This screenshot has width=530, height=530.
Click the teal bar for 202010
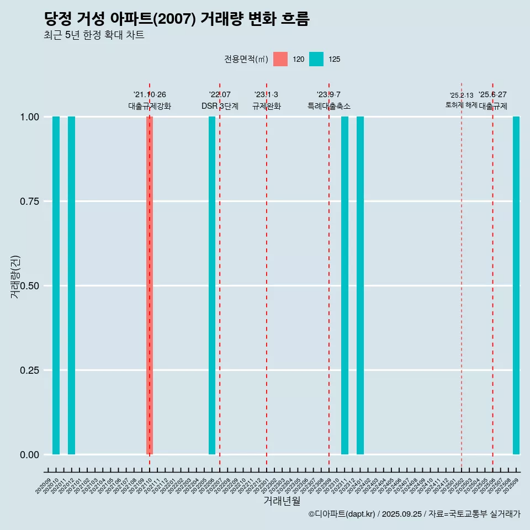point(56,285)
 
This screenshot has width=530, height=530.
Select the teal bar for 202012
point(71,285)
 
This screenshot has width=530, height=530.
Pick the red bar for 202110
point(150,285)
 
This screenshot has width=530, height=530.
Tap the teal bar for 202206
point(212,285)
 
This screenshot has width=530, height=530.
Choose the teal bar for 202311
point(344,285)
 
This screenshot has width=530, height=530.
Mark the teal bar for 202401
point(360,285)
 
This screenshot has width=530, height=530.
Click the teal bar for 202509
point(516,285)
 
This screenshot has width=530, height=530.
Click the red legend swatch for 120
point(280,59)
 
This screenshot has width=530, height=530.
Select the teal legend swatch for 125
point(316,59)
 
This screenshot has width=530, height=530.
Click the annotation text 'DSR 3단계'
point(220,106)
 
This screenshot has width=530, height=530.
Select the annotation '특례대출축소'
point(329,106)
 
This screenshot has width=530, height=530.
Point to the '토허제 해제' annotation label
point(462,105)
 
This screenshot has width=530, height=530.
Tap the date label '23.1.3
point(266,94)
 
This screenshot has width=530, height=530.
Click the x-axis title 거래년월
point(282,501)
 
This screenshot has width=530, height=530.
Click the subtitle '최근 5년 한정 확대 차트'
point(94,35)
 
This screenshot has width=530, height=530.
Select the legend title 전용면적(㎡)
point(246,59)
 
